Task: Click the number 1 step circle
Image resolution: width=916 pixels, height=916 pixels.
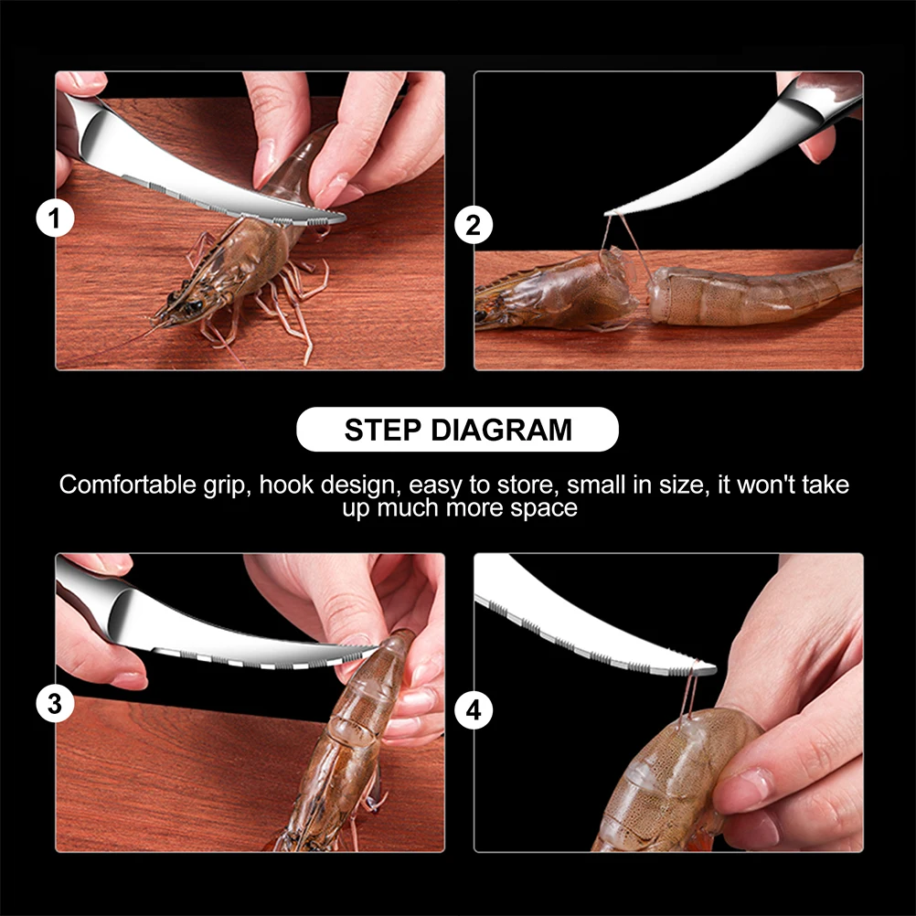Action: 55,218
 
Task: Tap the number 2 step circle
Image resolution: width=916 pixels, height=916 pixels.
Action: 474,226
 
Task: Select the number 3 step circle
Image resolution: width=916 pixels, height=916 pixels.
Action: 55,703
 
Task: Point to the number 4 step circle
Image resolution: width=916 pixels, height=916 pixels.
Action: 474,710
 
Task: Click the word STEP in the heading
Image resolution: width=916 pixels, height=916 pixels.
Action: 383,430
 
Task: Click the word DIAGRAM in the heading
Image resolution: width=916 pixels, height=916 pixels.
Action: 501,430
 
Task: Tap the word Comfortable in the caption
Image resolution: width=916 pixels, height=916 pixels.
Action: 128,485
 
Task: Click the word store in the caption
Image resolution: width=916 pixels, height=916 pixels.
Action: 528,485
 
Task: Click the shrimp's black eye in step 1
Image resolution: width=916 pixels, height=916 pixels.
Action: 194,305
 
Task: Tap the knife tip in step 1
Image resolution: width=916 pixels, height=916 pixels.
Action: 345,218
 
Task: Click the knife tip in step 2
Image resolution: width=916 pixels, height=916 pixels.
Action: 606,214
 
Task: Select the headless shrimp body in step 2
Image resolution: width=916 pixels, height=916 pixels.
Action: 753,293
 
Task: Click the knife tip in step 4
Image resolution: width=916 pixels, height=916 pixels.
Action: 714,668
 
